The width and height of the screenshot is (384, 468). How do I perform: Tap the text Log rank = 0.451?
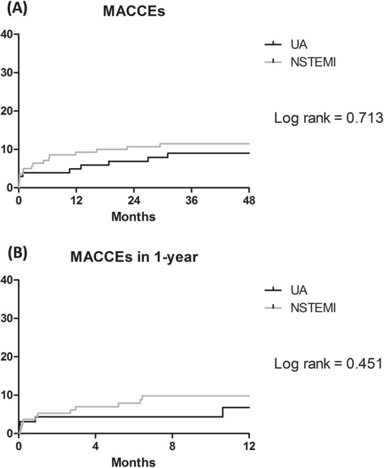pos(329,364)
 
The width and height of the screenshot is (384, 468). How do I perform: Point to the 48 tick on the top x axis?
pos(249,200)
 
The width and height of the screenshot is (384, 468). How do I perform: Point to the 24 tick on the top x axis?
pos(134,200)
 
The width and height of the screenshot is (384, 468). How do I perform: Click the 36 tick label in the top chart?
pos(192,200)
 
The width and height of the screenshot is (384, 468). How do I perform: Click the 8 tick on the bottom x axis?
pos(173,446)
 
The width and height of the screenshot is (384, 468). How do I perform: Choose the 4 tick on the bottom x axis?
pos(95,446)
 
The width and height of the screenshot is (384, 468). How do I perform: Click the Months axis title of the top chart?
pos(134,216)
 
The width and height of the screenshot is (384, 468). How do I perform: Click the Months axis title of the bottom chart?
pos(134,462)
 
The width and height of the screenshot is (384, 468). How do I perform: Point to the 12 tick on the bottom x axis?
pos(249,446)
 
